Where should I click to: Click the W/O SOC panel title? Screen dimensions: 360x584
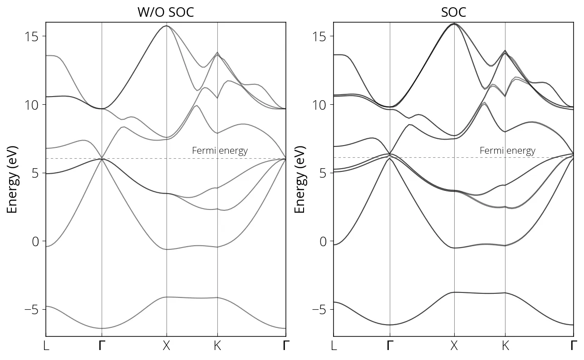[166, 12]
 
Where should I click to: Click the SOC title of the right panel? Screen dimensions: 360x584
[453, 12]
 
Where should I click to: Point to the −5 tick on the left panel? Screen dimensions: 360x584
[31, 310]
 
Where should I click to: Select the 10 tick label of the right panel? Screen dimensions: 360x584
[320, 105]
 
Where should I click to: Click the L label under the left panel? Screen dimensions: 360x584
[46, 346]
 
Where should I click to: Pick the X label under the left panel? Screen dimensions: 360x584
[167, 346]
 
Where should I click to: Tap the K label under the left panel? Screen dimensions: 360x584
[217, 346]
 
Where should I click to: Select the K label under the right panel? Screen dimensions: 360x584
[505, 346]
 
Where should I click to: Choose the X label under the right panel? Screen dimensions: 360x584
[454, 346]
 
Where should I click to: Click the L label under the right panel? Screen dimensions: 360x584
[334, 346]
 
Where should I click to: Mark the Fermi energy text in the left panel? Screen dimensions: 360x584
[220, 151]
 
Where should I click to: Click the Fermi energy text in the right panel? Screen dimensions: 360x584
[507, 151]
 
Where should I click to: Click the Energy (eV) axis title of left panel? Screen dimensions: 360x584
[12, 180]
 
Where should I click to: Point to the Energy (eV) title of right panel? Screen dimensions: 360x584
[300, 180]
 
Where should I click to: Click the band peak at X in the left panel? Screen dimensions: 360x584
[167, 26]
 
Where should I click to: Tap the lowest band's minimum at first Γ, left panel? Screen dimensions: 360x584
[102, 328]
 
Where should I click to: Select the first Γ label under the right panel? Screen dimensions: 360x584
[390, 346]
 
